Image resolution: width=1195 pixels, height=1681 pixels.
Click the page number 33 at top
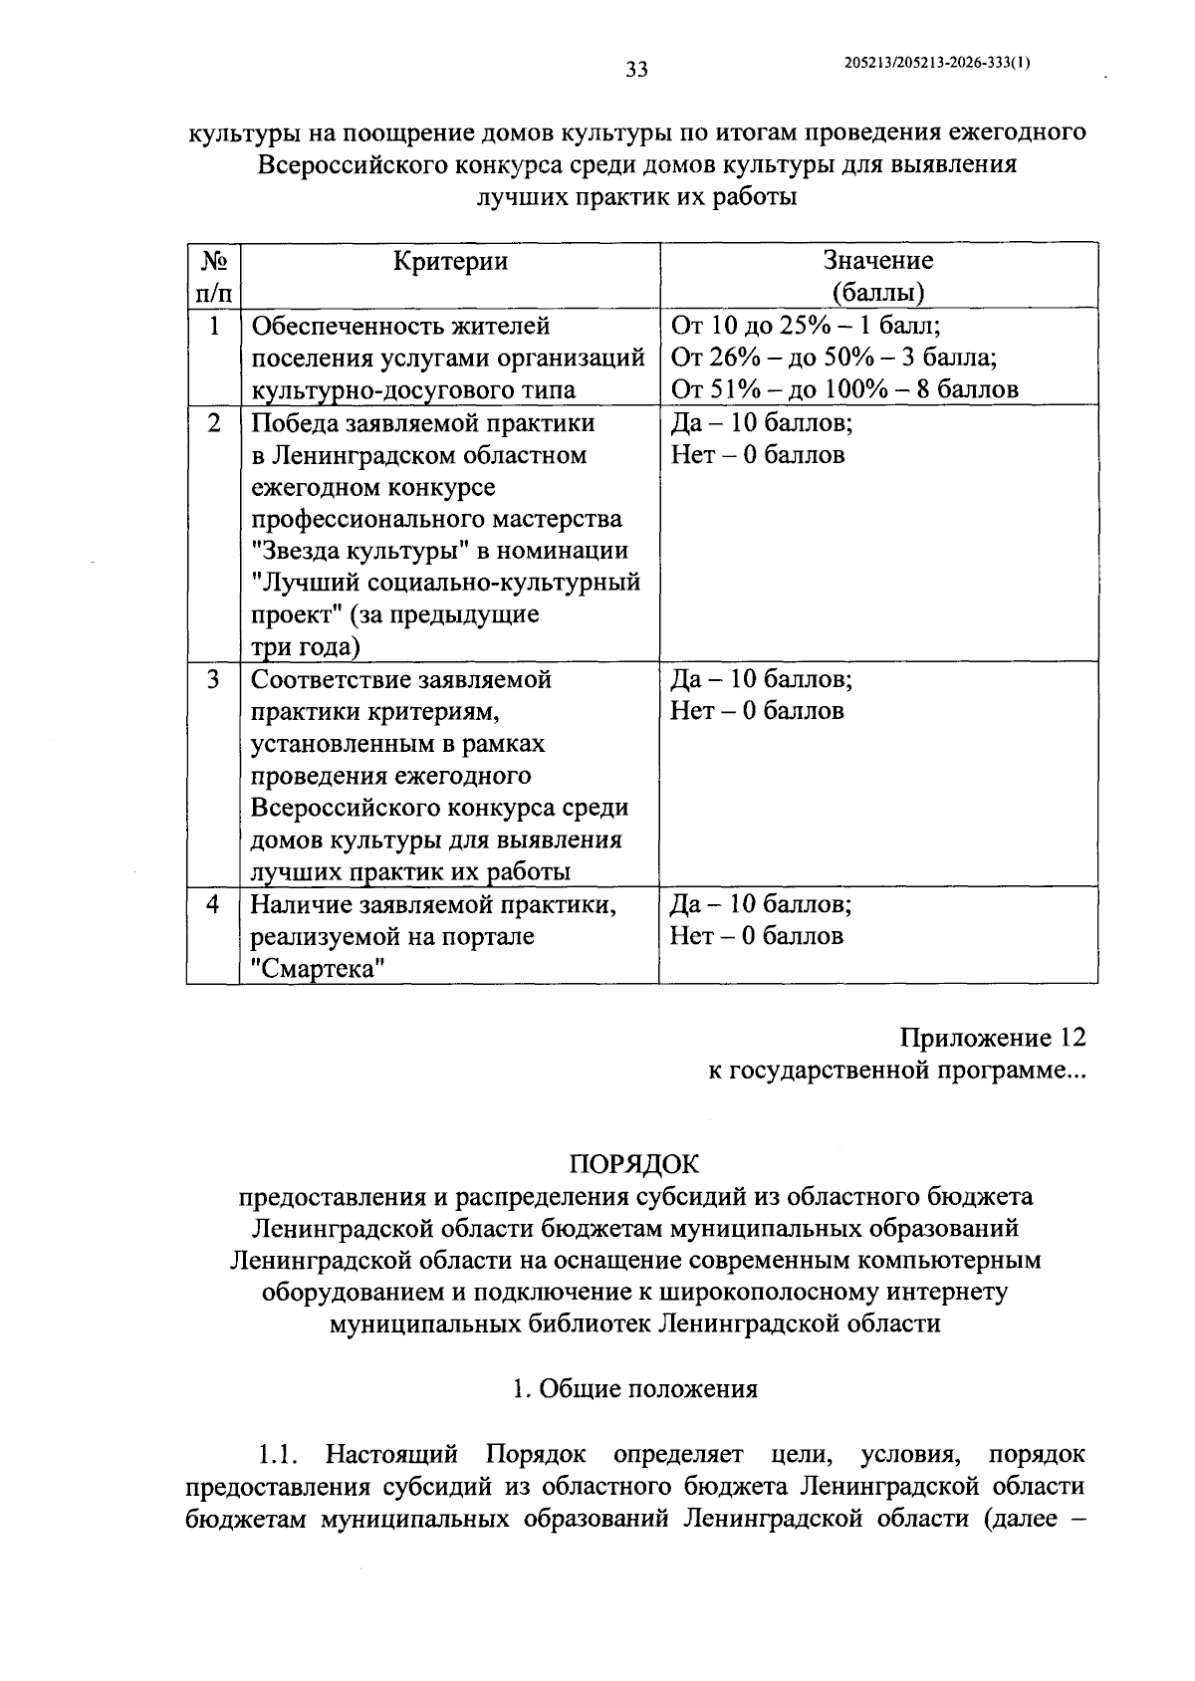tap(636, 69)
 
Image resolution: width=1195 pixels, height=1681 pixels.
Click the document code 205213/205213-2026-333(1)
tap(936, 62)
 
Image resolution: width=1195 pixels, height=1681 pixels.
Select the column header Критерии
tap(450, 261)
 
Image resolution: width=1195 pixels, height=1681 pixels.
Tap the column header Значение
tap(878, 261)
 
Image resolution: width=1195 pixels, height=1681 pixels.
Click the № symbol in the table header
tap(213, 261)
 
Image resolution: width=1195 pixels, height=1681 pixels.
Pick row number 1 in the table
tap(213, 327)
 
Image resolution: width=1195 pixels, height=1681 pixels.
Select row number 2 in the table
tap(213, 423)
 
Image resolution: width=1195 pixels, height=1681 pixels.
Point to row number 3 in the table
tap(213, 680)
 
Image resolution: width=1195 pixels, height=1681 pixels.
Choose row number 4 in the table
tap(213, 905)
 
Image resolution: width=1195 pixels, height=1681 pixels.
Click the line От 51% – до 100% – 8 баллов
tap(844, 388)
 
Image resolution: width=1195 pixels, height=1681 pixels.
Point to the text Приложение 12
tap(992, 1038)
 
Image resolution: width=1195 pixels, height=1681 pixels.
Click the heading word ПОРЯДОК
tap(634, 1163)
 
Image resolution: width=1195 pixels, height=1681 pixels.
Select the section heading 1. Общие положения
tap(634, 1389)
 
